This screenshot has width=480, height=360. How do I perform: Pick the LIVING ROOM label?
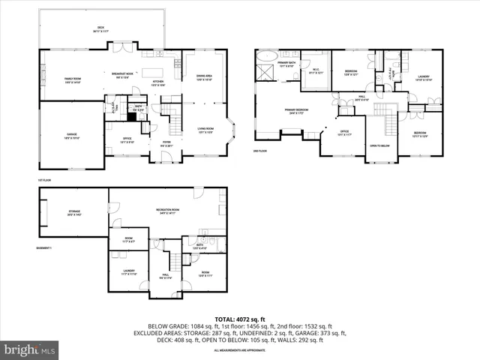(205, 129)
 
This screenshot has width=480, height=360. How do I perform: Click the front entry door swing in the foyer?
(167, 156)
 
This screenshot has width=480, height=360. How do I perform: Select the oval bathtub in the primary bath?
(267, 56)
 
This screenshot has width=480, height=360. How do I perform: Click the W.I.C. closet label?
(316, 72)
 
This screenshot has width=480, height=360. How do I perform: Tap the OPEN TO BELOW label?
(380, 145)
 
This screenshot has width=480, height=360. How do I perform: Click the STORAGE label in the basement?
(74, 214)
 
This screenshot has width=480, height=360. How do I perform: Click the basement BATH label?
(199, 246)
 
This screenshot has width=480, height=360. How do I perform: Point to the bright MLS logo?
(29, 349)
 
